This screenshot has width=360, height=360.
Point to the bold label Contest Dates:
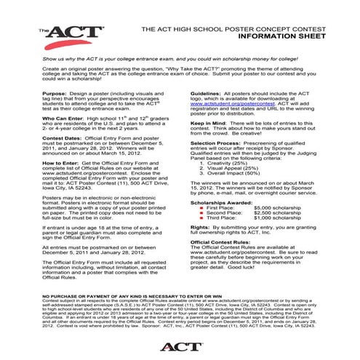pyautogui.click(x=61, y=138)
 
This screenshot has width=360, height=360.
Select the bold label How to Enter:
pyautogui.click(x=59, y=165)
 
